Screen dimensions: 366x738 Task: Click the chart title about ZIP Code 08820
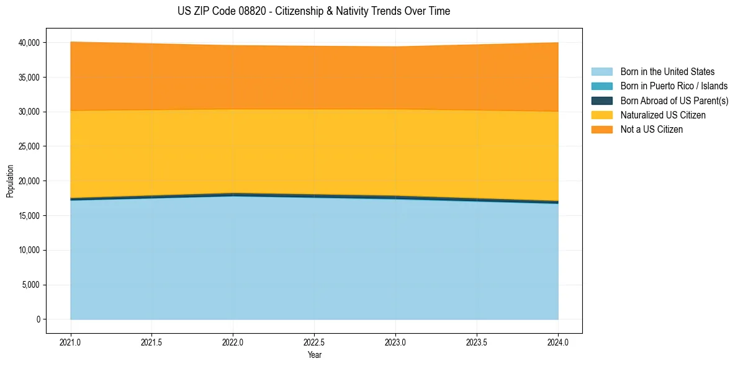pos(313,11)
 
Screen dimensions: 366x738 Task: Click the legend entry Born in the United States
pos(667,72)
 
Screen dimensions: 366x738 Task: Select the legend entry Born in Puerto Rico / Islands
pos(673,86)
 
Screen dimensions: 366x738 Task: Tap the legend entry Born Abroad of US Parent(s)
pos(674,100)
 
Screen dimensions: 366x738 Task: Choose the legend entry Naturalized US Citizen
pos(663,115)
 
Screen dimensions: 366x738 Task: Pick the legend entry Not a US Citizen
pos(651,129)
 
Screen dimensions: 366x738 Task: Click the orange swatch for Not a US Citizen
pos(601,129)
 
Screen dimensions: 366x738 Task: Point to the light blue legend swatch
pos(601,72)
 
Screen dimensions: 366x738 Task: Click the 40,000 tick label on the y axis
pos(29,43)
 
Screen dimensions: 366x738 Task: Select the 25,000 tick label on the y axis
pos(29,146)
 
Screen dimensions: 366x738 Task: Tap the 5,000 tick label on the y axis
pos(30,285)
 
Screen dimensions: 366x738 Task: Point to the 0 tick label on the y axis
pos(37,319)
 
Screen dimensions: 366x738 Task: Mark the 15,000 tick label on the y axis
pos(29,216)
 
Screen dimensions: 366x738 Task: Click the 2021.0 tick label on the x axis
pos(71,342)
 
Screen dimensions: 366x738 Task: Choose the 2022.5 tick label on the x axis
pos(314,342)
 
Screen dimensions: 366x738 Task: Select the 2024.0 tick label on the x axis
pos(558,342)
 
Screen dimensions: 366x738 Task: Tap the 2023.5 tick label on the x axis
pos(477,342)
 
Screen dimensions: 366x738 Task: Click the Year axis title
pos(314,355)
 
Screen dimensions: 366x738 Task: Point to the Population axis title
pos(10,181)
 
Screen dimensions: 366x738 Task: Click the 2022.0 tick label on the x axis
pos(233,342)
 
